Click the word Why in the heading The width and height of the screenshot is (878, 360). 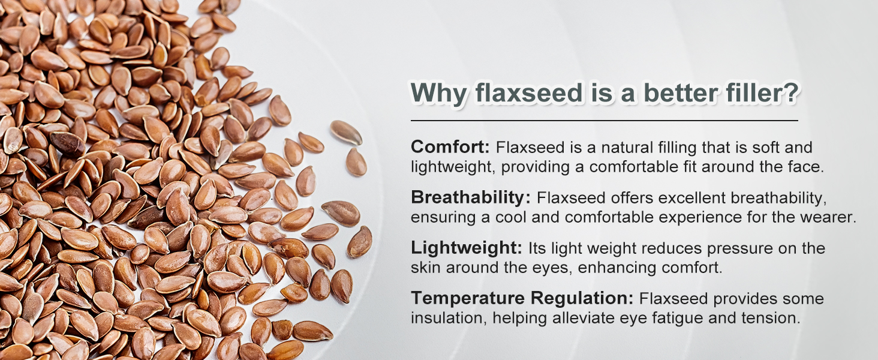click(438, 94)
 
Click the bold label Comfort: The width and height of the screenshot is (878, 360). click(450, 147)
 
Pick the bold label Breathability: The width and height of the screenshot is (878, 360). click(471, 197)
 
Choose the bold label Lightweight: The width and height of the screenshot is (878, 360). click(467, 248)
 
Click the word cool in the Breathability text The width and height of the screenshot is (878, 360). click(511, 218)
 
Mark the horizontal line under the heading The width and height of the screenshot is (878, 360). click(605, 121)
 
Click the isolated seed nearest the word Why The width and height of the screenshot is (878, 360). click(345, 133)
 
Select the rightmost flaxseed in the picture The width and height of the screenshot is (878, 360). click(359, 242)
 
